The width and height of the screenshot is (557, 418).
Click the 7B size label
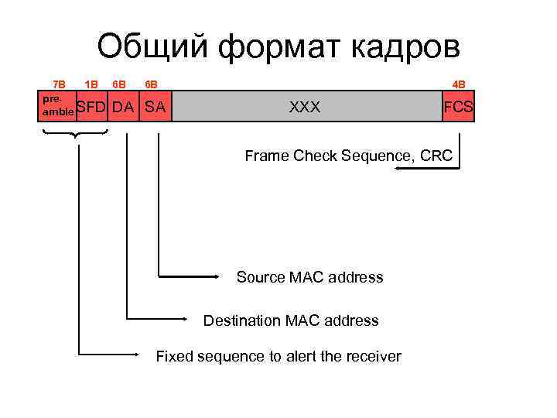click(x=59, y=84)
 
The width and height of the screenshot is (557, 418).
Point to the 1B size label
click(x=91, y=84)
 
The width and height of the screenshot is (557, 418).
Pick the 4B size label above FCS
click(x=459, y=84)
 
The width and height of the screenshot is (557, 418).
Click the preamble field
click(x=57, y=106)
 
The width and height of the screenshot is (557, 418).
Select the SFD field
click(x=91, y=107)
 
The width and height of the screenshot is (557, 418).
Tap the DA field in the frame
click(x=123, y=107)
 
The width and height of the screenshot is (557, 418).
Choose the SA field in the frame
click(x=155, y=107)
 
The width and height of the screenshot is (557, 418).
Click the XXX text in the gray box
click(x=305, y=107)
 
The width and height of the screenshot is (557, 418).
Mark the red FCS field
click(x=458, y=107)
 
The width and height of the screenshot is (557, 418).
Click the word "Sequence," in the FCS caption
click(x=378, y=156)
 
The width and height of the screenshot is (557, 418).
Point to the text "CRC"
click(x=437, y=156)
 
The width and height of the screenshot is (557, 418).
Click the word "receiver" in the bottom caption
click(x=371, y=357)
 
